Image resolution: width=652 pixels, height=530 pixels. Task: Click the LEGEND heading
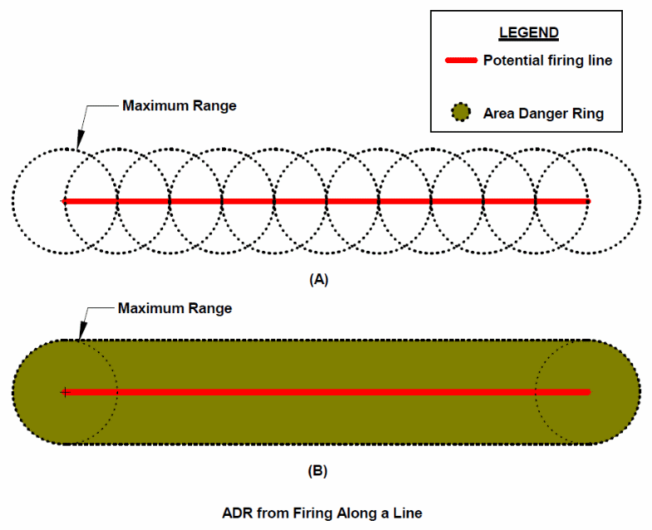(x=529, y=33)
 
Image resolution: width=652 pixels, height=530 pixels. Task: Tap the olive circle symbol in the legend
(x=460, y=112)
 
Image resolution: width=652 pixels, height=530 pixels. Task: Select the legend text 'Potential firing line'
(x=547, y=61)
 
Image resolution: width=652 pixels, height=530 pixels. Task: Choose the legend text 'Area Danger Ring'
(x=543, y=113)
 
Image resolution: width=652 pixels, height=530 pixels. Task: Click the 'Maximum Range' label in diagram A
(x=179, y=106)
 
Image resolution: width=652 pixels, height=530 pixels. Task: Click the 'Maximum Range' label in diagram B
(x=175, y=308)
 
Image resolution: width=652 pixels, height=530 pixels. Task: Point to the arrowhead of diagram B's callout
(x=77, y=338)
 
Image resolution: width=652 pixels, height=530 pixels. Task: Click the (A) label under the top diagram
(x=319, y=280)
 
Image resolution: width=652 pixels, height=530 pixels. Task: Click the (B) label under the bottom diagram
(x=318, y=471)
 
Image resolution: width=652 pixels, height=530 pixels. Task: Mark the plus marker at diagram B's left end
(x=64, y=391)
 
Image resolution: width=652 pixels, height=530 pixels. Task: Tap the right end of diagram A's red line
(x=587, y=201)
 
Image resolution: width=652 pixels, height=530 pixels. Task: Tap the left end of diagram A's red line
(x=64, y=201)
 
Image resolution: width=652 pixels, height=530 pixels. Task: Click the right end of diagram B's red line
(x=587, y=391)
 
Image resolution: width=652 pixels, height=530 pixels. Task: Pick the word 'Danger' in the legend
(x=540, y=113)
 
